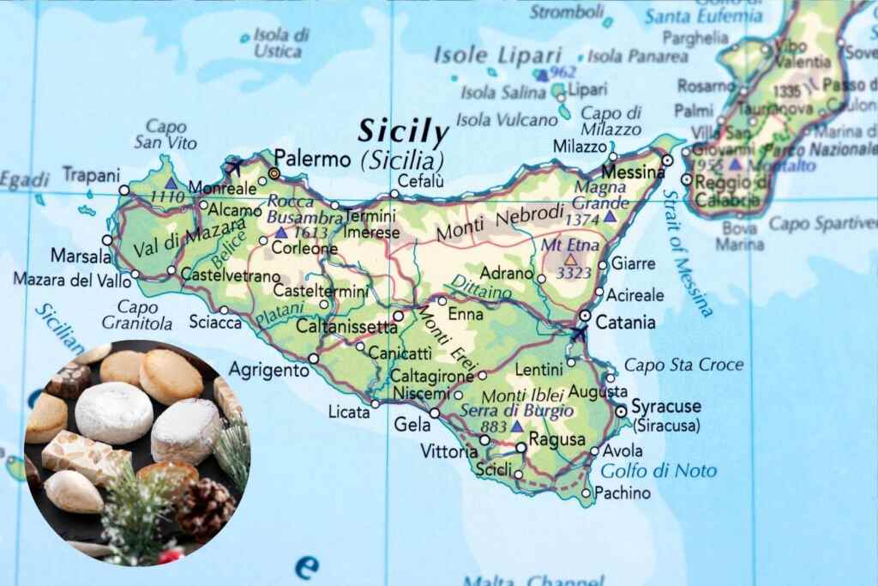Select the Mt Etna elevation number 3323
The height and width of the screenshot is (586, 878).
[574, 274]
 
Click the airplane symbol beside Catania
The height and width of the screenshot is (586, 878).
[578, 333]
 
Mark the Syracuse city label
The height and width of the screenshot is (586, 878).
[665, 406]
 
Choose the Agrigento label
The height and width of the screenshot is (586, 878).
[268, 371]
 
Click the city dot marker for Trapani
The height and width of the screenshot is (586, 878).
[124, 190]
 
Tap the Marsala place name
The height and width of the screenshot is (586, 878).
[80, 256]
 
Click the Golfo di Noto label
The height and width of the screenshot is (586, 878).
[658, 471]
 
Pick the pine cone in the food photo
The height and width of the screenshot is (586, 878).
[204, 508]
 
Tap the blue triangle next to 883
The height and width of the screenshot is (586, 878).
[516, 426]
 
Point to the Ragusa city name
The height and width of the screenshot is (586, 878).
[558, 439]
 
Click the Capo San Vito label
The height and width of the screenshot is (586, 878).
[166, 134]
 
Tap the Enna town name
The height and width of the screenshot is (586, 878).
[467, 315]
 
